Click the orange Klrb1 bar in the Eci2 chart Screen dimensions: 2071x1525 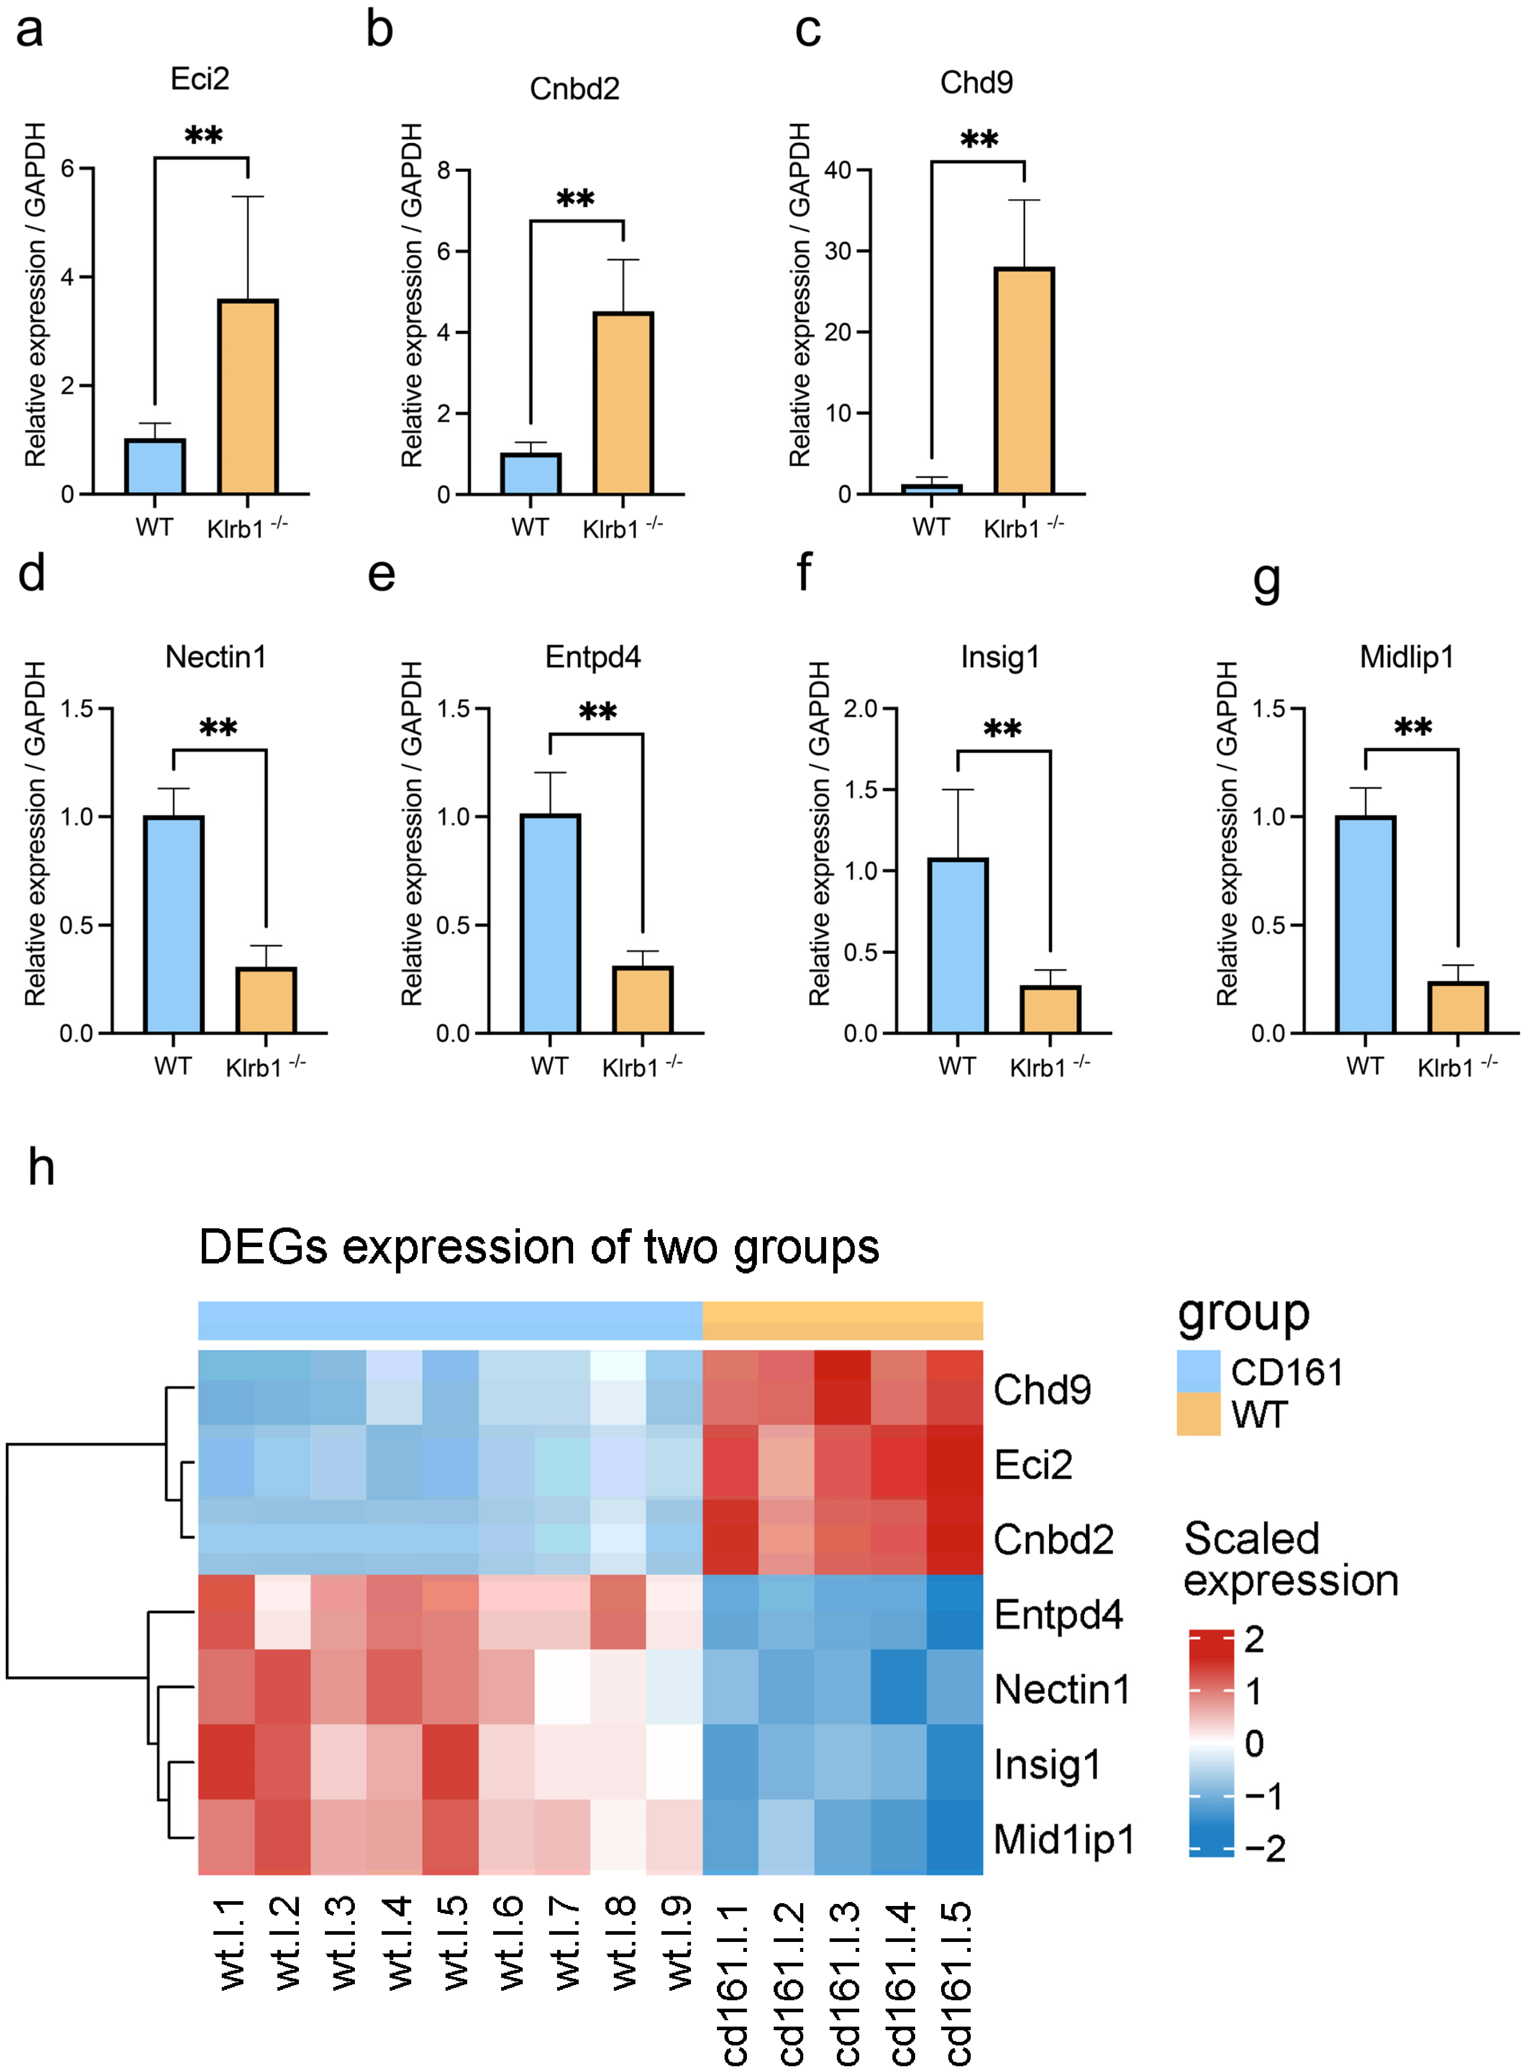point(247,397)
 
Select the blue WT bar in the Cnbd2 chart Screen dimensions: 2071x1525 point(531,473)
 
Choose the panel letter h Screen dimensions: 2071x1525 point(41,1168)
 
